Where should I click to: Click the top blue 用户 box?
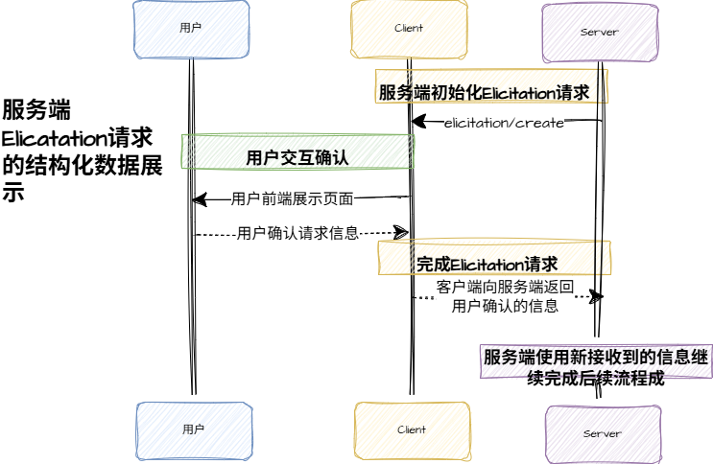click(191, 29)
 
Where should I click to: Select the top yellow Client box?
click(409, 29)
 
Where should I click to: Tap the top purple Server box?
click(599, 32)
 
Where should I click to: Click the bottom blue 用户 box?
click(193, 429)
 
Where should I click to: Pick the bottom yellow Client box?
click(411, 430)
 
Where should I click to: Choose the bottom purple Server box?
click(602, 433)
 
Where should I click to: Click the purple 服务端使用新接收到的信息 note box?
click(596, 365)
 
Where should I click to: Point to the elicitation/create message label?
click(504, 123)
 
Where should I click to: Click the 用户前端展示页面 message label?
click(293, 199)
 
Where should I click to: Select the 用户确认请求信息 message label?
click(297, 232)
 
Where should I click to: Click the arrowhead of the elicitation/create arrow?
click(417, 121)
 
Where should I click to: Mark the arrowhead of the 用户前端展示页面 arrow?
click(199, 199)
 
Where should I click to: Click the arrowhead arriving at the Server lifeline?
click(596, 297)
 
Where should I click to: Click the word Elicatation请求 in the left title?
click(77, 137)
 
